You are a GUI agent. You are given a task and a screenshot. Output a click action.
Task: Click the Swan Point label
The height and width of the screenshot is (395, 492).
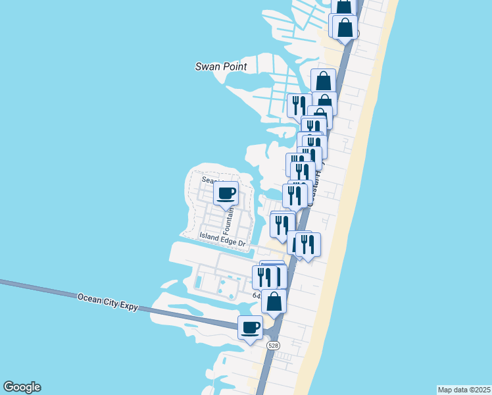click(221, 66)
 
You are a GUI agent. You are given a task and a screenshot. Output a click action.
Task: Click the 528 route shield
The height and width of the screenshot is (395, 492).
click(273, 345)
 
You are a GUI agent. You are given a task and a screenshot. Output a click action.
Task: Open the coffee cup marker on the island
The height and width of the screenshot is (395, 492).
click(226, 194)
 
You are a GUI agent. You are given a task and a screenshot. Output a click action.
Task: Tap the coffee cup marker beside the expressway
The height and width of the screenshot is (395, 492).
click(250, 327)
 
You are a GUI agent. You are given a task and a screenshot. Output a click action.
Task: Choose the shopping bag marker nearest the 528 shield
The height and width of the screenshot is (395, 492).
click(274, 302)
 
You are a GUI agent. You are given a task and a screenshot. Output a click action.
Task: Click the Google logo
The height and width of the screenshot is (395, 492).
click(22, 387)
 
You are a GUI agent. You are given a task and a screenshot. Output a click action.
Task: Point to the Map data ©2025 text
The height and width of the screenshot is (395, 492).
click(464, 390)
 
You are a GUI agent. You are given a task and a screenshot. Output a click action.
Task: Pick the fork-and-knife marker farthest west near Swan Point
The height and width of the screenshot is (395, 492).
click(299, 105)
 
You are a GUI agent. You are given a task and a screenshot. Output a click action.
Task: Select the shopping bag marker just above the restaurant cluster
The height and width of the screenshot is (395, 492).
click(323, 81)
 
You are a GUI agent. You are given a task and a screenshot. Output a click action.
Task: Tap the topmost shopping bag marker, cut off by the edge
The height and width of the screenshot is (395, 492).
click(344, 6)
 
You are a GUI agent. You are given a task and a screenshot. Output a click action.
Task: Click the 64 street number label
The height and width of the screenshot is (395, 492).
click(257, 296)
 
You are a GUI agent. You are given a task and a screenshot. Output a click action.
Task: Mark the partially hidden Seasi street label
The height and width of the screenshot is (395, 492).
click(212, 180)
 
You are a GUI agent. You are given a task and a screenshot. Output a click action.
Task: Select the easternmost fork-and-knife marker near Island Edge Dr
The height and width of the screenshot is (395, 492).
click(308, 244)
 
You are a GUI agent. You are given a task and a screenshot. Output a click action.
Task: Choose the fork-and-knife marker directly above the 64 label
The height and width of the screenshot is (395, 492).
click(264, 277)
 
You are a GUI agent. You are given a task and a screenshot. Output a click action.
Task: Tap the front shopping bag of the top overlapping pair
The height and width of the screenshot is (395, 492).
click(345, 28)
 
